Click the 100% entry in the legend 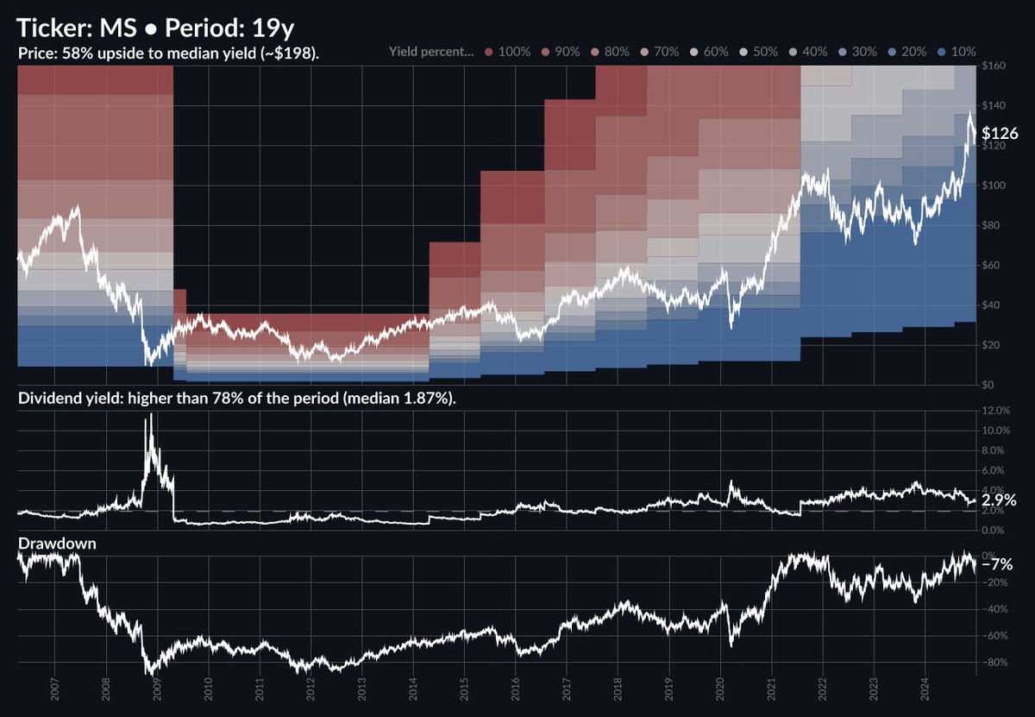tap(514, 52)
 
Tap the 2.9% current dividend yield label tap(999, 500)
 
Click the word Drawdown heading tap(55, 544)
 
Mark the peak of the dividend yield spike tap(152, 415)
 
